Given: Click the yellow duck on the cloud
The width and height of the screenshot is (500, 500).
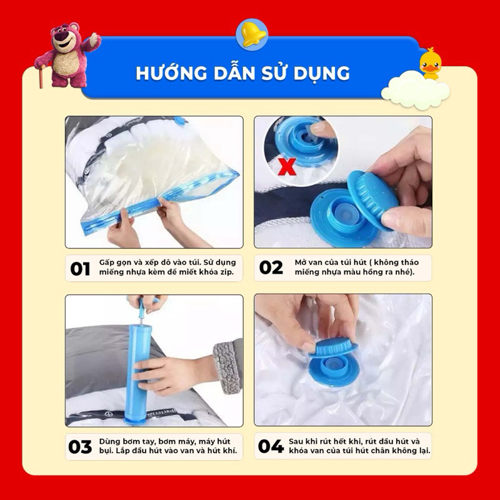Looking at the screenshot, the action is [430, 64].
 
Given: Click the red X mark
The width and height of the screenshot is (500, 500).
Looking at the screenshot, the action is [287, 167].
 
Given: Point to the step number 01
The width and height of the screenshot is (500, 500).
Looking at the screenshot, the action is [80, 269].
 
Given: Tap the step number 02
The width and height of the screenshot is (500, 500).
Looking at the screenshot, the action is [271, 267].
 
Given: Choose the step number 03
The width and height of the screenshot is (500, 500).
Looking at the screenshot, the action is [80, 447].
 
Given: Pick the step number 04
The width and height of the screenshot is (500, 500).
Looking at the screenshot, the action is [271, 446].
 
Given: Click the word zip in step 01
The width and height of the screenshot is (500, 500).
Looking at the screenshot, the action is [227, 272].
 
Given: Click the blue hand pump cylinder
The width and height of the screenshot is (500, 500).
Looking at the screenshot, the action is [137, 373].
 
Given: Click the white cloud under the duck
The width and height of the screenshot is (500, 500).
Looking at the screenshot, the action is [415, 90].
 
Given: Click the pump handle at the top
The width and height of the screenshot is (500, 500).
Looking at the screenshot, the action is [147, 301].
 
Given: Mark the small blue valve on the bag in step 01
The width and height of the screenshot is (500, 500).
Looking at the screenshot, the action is [179, 120].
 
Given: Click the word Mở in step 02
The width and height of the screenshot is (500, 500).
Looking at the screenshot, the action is [301, 262].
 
